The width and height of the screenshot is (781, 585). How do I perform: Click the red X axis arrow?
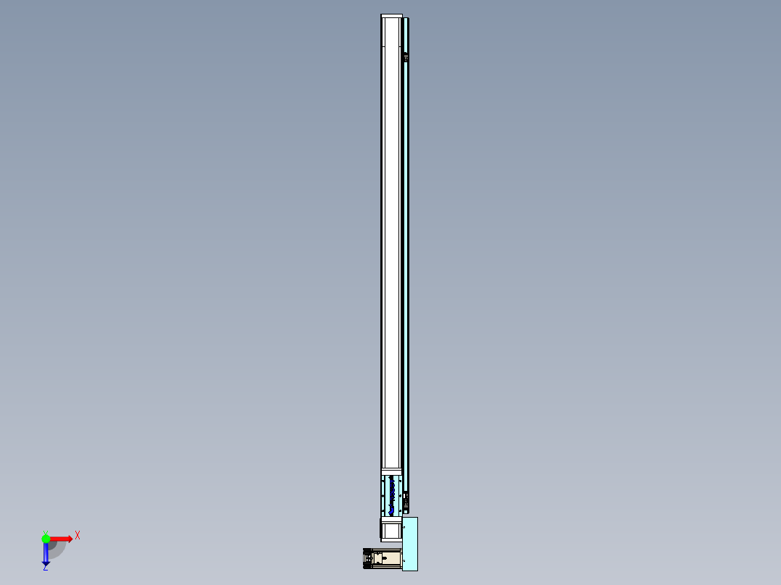pos(62,539)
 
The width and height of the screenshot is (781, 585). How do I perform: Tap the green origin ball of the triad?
pos(46,539)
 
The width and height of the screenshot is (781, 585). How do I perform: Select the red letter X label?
pos(77,535)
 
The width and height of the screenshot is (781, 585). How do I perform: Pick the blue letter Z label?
pos(45,568)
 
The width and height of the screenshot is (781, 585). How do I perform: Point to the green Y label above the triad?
pos(45,531)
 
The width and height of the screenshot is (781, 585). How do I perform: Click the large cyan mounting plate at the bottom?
pos(410,543)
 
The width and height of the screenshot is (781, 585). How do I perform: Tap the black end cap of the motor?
pos(367,559)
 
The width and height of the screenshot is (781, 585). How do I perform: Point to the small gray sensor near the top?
pos(406,56)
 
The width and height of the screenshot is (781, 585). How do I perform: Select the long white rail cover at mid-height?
pos(391,253)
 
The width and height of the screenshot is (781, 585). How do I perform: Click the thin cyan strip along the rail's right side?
pos(407,253)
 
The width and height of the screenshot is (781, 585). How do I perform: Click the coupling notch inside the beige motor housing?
pos(380,559)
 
